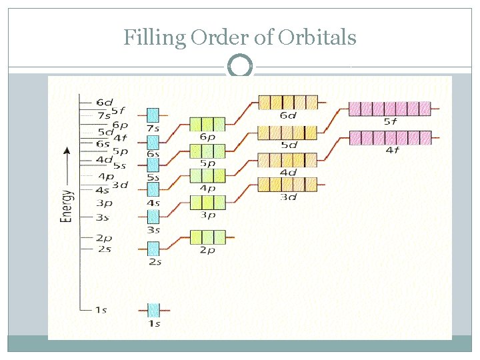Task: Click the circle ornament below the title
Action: [240, 67]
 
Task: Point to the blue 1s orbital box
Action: [153, 310]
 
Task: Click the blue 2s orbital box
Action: [153, 249]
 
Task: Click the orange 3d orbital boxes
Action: [288, 184]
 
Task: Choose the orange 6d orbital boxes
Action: [288, 102]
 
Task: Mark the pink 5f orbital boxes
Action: [389, 108]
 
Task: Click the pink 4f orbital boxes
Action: [389, 138]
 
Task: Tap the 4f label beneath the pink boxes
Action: [391, 150]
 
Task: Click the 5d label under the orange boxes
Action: [289, 145]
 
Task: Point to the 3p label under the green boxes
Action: [207, 215]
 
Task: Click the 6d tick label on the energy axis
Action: [104, 102]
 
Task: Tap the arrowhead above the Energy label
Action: [67, 151]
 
